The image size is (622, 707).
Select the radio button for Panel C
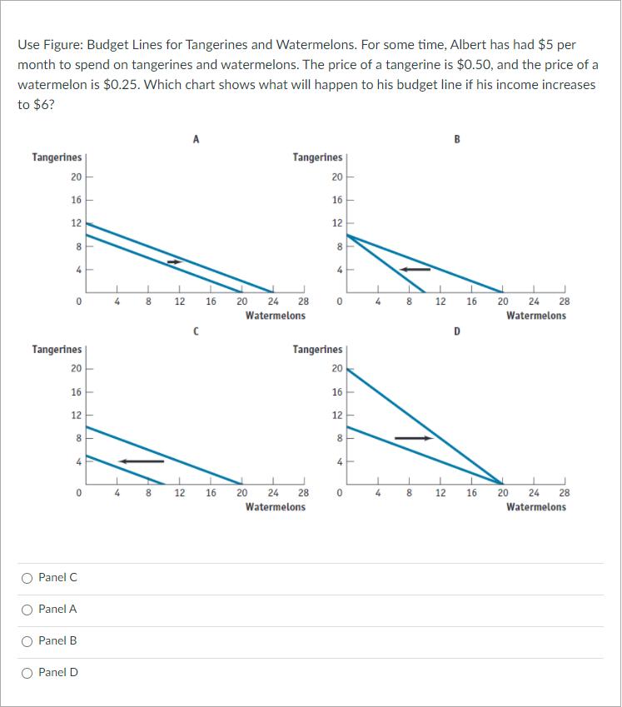[x=27, y=578]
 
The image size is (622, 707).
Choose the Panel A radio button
[x=27, y=610]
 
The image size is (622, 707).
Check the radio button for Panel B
[x=27, y=641]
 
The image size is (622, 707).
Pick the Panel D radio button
[x=27, y=673]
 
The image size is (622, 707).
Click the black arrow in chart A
[x=174, y=262]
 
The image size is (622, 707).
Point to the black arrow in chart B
[x=415, y=269]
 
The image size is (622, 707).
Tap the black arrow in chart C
[x=140, y=461]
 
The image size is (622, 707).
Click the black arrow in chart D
[x=414, y=438]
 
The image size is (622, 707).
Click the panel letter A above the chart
[x=196, y=140]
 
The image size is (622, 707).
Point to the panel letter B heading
[x=456, y=140]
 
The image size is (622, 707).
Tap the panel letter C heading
[x=194, y=331]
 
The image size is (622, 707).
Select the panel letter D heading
[x=456, y=331]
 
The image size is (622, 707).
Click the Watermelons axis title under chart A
[x=275, y=316]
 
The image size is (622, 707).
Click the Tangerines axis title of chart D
[x=317, y=350]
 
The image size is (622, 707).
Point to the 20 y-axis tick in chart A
[x=76, y=177]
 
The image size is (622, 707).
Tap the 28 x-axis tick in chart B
[x=565, y=301]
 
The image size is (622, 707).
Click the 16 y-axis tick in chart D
[x=336, y=391]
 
